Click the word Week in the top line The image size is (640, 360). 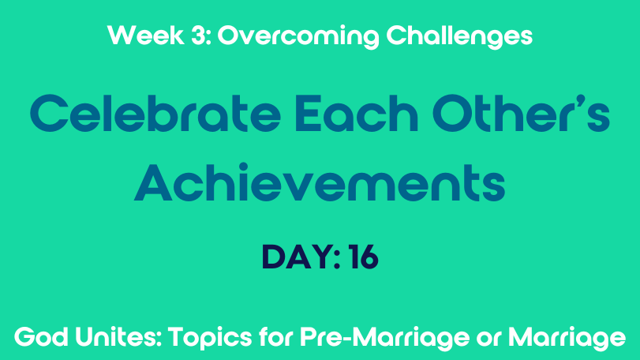point(146,35)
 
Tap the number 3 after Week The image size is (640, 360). point(198,35)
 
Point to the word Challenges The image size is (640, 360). point(459,37)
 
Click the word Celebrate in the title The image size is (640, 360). point(155,113)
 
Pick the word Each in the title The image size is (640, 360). point(357,113)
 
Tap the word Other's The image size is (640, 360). point(521,113)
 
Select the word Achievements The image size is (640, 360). point(320,182)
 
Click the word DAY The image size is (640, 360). point(297,257)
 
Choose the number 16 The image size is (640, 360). point(364,257)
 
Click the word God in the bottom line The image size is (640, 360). point(41,337)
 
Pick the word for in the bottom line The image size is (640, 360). point(276,337)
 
